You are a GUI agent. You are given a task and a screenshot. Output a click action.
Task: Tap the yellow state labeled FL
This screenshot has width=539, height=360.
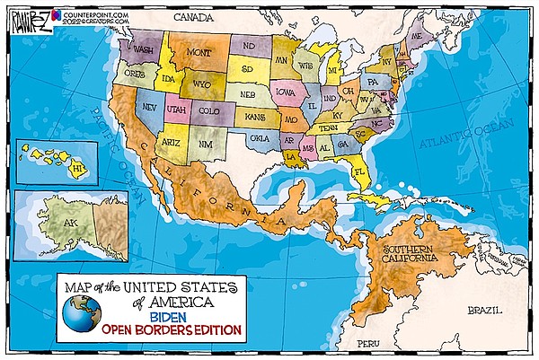pos(361,169)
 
